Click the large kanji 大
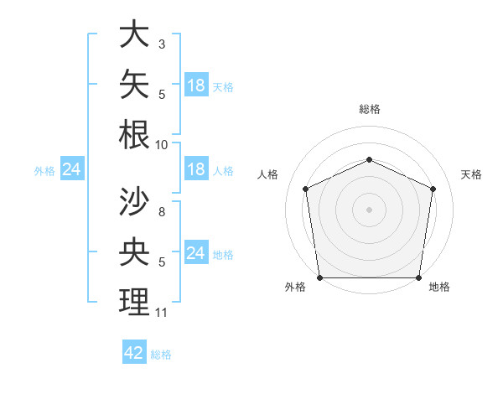pos(134,34)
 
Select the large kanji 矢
pos(134,84)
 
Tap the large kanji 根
pos(134,134)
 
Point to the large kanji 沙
pos(134,201)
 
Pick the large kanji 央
pos(134,251)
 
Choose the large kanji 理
pos(134,302)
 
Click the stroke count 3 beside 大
pos(162,44)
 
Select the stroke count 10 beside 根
pos(161,145)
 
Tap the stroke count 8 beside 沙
pos(162,211)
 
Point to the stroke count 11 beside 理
pos(161,312)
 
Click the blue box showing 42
pos(134,351)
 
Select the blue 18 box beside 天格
pos(197,85)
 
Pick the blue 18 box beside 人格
pos(197,168)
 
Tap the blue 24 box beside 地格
pos(197,251)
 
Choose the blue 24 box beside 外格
pos(72,168)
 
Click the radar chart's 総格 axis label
pos(370,109)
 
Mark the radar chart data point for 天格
pos(433,189)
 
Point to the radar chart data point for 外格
pos(320,277)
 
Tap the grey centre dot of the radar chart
pos(369,210)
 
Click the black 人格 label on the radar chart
pos(267,174)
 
